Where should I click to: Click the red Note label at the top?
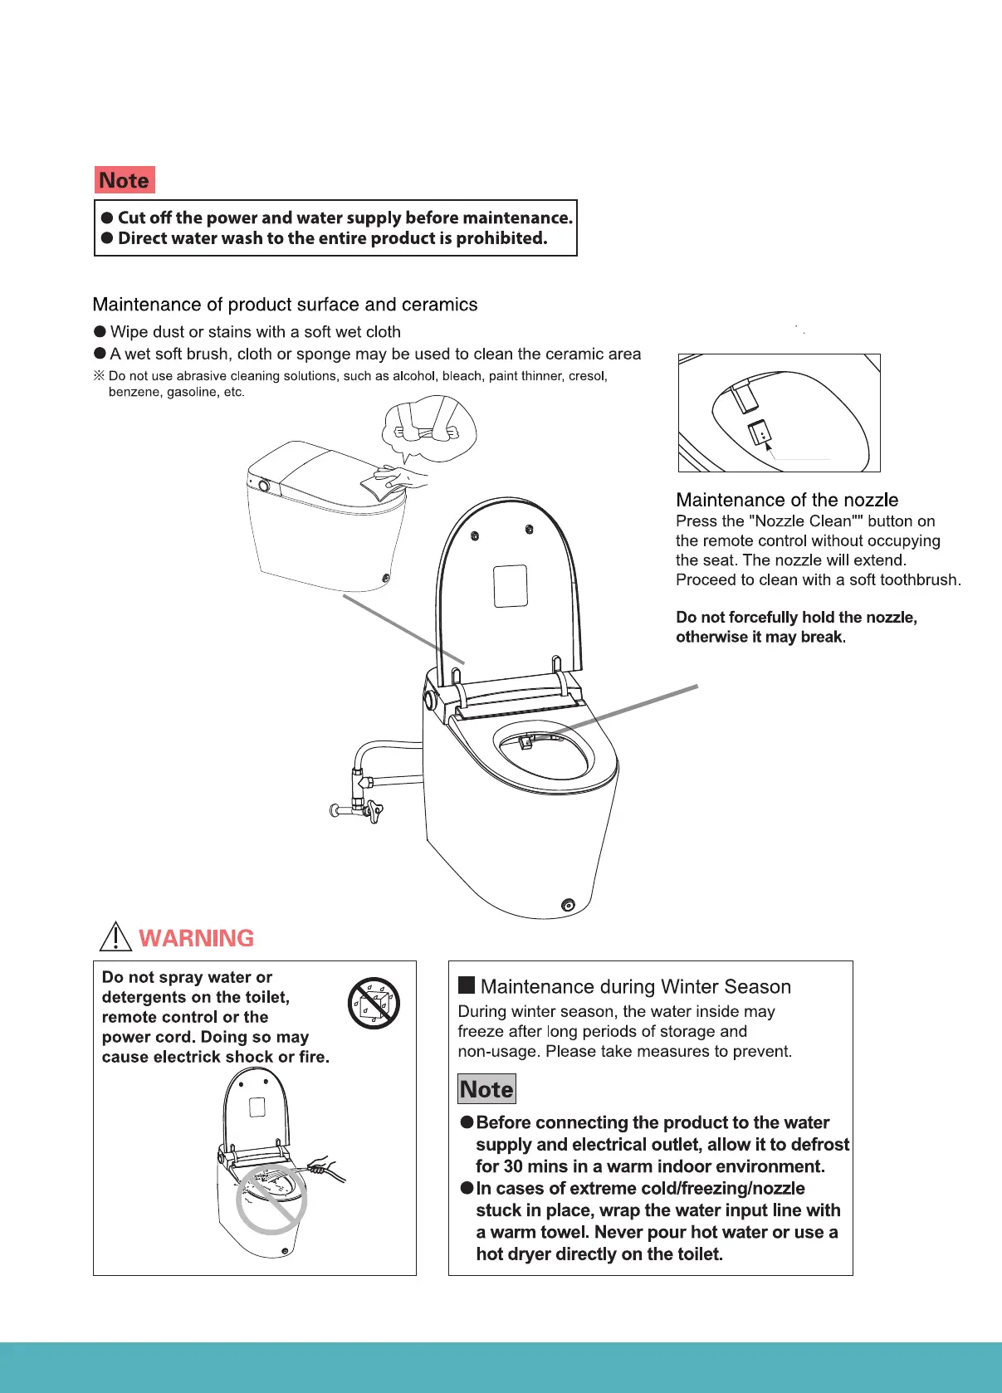pos(125,180)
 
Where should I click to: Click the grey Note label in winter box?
pos(486,1089)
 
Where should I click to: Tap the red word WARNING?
pos(196,938)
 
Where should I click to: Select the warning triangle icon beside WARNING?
pos(115,936)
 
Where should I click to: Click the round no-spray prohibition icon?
pos(374,1003)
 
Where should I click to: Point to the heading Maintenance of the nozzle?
pos(786,500)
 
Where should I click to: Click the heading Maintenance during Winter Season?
pos(635,986)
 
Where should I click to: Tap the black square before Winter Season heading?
pos(467,985)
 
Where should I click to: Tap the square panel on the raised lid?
pos(511,586)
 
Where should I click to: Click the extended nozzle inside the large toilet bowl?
pos(525,741)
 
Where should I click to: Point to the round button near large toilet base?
pos(568,904)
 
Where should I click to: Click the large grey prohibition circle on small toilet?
pos(271,1199)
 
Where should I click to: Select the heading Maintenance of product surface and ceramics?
pos(285,305)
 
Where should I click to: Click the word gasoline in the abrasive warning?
pos(192,392)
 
